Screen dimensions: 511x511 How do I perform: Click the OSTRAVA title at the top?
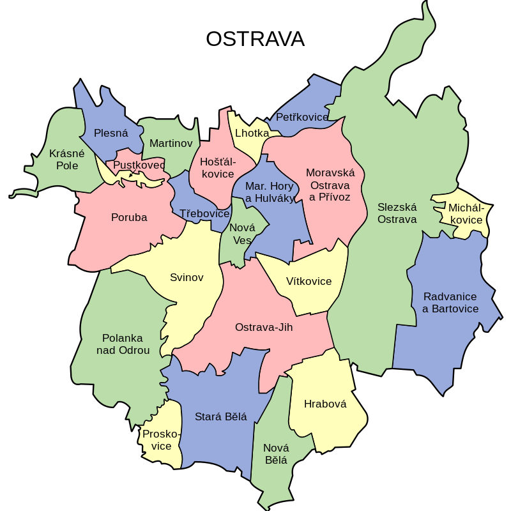point(255,39)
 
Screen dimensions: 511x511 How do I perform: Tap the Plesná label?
point(111,133)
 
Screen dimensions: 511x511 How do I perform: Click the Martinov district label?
point(171,143)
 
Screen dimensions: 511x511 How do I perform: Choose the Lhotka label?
point(252,133)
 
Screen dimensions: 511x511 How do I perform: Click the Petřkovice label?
point(301,117)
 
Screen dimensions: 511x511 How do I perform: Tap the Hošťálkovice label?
point(217,168)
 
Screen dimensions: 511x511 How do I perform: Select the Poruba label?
point(129,217)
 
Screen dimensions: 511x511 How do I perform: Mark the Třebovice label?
point(204,213)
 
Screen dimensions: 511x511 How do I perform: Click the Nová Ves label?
point(242,234)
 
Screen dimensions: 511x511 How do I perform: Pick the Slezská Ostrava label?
point(397,213)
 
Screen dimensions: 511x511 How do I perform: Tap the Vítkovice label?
point(309,281)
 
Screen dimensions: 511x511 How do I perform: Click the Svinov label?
point(187,277)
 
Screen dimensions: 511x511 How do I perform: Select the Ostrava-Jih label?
point(264,327)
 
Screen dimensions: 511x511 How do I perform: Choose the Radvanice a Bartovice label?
point(450,303)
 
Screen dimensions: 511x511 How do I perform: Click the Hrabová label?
point(325,404)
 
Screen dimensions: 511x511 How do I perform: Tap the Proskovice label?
point(161,440)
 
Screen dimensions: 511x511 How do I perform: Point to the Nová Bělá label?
point(276,454)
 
